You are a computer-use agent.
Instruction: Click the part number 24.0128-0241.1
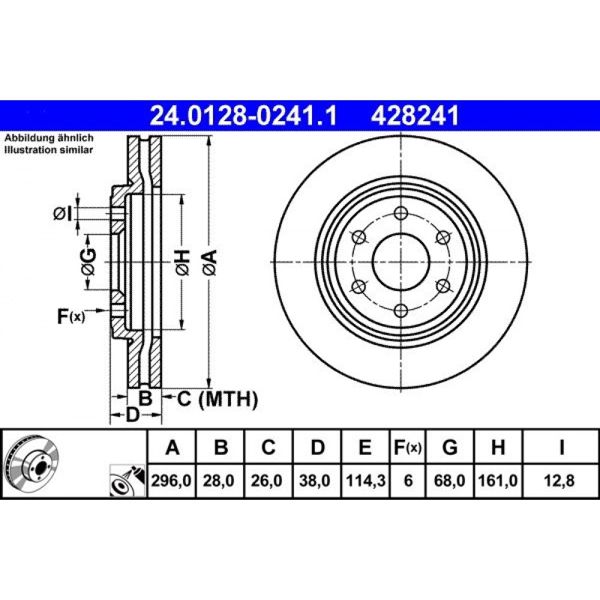[x=243, y=115]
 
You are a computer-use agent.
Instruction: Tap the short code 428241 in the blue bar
[x=415, y=115]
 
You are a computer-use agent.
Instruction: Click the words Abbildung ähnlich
[x=49, y=138]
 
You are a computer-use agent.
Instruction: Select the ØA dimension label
[x=211, y=262]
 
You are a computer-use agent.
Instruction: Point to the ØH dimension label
[x=182, y=262]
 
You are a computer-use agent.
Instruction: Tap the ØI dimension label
[x=62, y=214]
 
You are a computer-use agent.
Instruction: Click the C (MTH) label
[x=217, y=399]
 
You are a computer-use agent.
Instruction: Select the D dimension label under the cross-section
[x=133, y=415]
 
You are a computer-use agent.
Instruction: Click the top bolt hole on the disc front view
[x=401, y=213]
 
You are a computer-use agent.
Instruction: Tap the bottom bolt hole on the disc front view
[x=401, y=310]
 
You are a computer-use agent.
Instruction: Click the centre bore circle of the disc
[x=401, y=262]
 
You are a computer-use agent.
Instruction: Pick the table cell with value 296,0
[x=172, y=480]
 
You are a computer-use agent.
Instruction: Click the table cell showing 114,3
[x=365, y=480]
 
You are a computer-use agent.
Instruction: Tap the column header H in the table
[x=498, y=447]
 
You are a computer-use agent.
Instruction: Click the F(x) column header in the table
[x=408, y=447]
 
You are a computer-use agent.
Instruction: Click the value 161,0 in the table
[x=498, y=480]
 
